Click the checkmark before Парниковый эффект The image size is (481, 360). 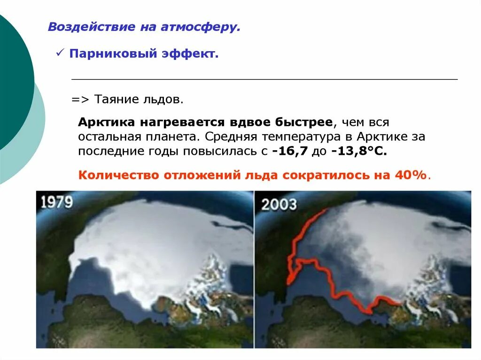[x=60, y=54]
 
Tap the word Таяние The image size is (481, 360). [x=116, y=100]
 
